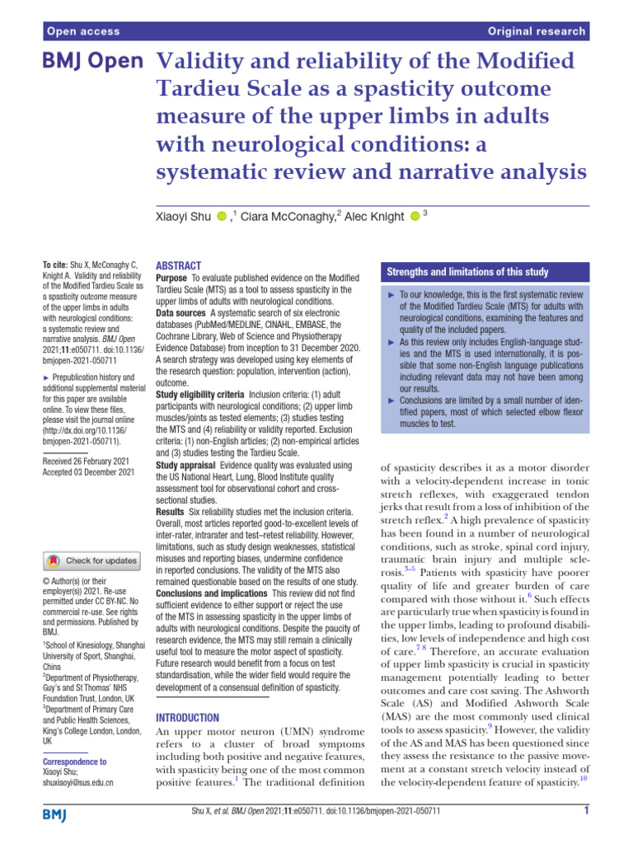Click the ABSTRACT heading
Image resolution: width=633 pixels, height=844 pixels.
[x=178, y=265]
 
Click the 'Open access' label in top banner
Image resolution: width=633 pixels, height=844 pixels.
[x=83, y=31]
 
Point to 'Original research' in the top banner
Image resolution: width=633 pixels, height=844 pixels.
[x=537, y=31]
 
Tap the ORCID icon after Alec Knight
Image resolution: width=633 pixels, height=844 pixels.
[x=415, y=217]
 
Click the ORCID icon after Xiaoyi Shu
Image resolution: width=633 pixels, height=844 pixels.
[x=221, y=217]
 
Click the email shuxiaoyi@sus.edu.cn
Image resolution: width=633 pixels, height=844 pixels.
[x=77, y=782]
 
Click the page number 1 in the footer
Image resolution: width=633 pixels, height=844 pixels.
[x=585, y=832]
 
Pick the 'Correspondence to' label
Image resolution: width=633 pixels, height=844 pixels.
[x=74, y=762]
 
